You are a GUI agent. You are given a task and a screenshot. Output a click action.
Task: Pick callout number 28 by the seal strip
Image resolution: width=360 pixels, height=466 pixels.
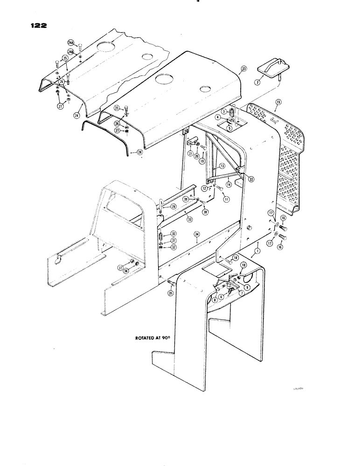tap(134, 152)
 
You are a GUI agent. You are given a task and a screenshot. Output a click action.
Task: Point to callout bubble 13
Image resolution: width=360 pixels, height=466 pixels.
tap(222, 166)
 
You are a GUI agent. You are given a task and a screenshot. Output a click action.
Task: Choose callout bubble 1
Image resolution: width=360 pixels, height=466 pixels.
tap(256, 251)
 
